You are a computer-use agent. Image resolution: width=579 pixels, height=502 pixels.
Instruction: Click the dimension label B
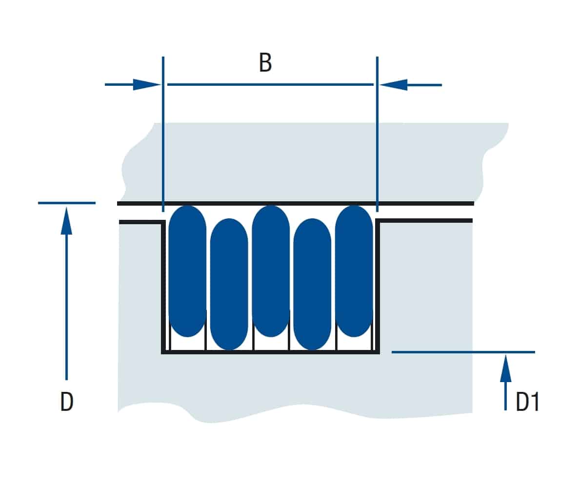tap(265, 62)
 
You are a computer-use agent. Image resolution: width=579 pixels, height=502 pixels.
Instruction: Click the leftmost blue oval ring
tap(188, 271)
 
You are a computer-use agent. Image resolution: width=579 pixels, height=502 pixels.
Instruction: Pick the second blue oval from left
tap(229, 284)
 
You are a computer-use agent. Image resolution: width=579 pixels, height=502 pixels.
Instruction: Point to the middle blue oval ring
tap(271, 271)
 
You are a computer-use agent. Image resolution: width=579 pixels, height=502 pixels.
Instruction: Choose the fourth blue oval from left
tap(312, 284)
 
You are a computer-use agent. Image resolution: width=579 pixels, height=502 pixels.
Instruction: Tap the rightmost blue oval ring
tap(354, 271)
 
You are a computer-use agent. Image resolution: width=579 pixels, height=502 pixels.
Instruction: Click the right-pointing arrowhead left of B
tap(147, 84)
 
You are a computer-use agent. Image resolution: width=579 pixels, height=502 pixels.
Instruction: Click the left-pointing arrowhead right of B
tap(393, 85)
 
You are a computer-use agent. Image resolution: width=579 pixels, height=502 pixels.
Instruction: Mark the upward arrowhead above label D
tap(66, 221)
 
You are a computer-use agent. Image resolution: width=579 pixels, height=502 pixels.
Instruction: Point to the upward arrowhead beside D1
tap(505, 368)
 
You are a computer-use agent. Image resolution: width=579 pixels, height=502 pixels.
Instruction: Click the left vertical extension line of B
tap(163, 134)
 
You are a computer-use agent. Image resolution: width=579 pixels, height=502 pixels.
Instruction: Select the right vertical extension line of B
tap(377, 134)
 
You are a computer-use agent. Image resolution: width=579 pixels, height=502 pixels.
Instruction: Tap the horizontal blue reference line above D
tap(67, 203)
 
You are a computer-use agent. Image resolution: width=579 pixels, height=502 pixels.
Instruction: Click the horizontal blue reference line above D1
tap(463, 352)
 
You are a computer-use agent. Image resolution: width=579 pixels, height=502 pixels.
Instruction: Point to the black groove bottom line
tap(270, 352)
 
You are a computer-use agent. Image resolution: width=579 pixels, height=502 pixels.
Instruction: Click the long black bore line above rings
tap(296, 203)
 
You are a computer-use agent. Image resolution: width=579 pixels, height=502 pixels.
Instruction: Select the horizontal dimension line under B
tap(270, 84)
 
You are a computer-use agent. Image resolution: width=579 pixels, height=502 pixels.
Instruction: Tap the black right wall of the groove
tap(378, 286)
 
